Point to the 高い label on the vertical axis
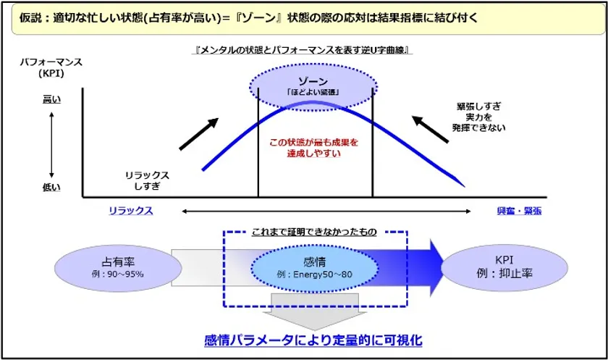(51, 99)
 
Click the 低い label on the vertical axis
(51, 188)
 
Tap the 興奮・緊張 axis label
(518, 210)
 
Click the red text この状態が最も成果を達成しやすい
(313, 148)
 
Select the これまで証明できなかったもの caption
(313, 232)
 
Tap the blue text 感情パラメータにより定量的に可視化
(313, 339)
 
